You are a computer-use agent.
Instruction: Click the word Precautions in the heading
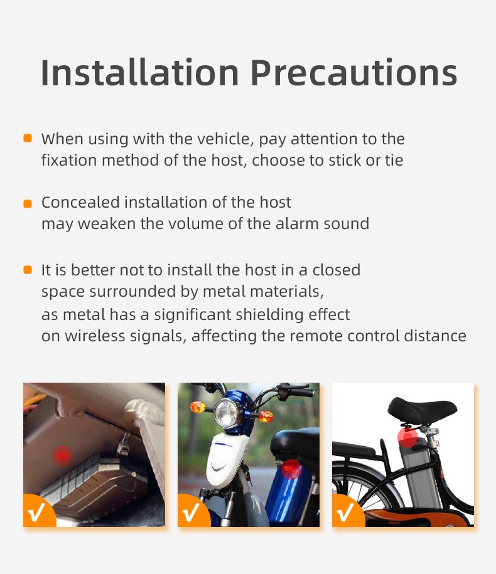(353, 74)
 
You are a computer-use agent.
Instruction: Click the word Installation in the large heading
(140, 73)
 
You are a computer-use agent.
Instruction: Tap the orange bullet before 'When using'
(28, 138)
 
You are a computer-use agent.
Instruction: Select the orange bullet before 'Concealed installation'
(28, 203)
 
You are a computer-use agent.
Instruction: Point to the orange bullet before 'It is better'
(28, 270)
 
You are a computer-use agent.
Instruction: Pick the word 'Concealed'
(80, 203)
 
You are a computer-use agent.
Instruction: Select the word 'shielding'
(264, 314)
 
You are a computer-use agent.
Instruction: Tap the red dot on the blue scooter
(291, 468)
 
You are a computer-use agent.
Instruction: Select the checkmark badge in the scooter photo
(193, 512)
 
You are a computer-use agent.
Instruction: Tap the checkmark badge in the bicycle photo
(347, 512)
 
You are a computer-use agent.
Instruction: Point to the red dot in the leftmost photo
(62, 454)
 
